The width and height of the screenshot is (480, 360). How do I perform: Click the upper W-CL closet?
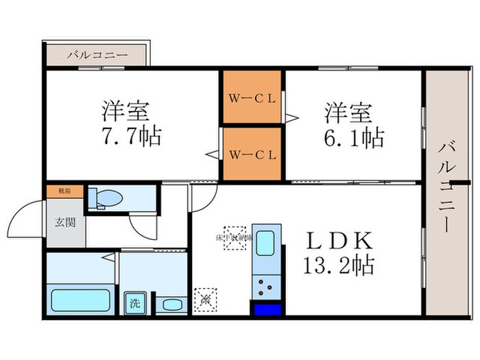point(252,97)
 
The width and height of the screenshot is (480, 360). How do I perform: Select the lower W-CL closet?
point(252,153)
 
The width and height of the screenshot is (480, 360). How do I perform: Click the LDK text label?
point(341,241)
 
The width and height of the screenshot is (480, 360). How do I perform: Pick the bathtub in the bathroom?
point(80,300)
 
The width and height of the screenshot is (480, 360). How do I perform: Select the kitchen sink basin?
point(265,244)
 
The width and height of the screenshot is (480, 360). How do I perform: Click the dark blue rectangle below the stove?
point(268,309)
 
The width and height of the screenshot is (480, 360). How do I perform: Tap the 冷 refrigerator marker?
point(204,300)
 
